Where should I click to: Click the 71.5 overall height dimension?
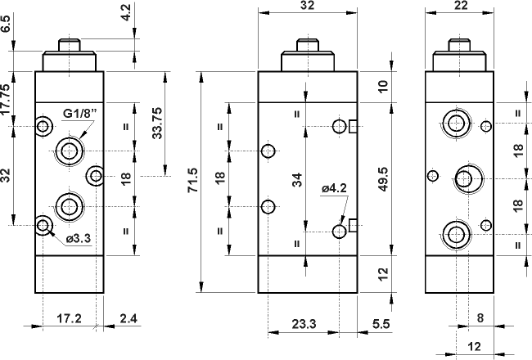point(193,181)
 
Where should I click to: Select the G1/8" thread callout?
point(79,113)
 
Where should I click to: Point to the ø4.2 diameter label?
point(334,189)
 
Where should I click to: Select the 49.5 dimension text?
point(384,180)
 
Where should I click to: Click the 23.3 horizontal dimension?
point(304,324)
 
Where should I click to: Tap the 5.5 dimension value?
point(381,324)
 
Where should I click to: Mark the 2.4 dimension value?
point(128,317)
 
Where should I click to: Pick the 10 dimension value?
point(384,86)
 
